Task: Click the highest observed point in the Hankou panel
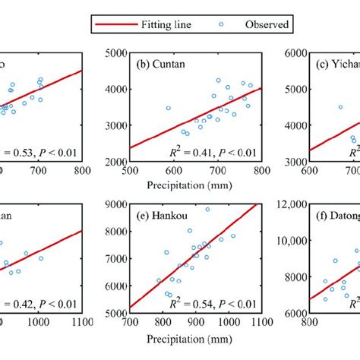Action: pyautogui.click(x=207, y=210)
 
